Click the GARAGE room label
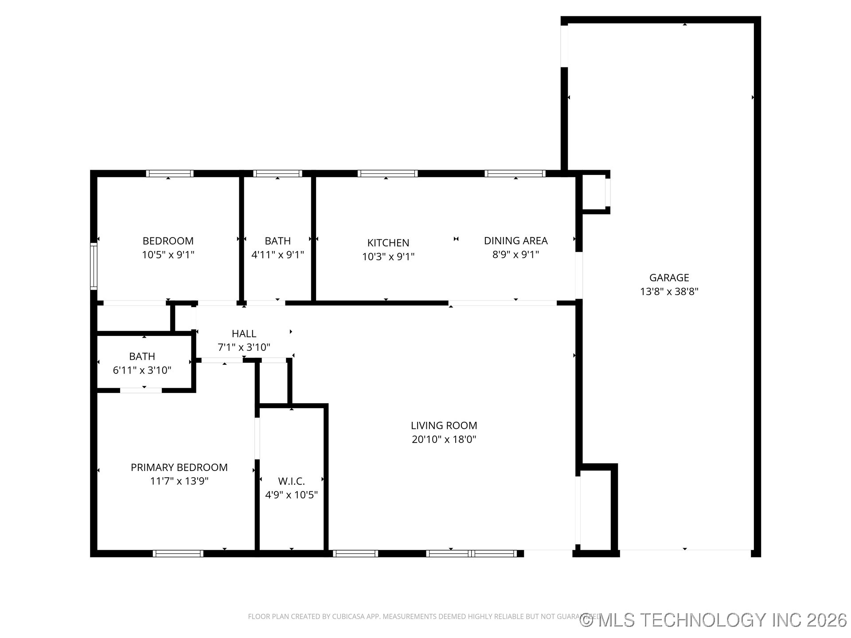(x=669, y=278)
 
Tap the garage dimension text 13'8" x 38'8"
(x=669, y=292)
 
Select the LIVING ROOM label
(x=444, y=425)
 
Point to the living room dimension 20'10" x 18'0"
(x=444, y=439)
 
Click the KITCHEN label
(x=388, y=243)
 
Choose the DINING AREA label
(x=515, y=241)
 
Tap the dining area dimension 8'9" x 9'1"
(x=515, y=254)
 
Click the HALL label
(x=244, y=334)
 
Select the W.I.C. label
(x=291, y=481)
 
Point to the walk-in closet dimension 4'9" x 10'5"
(x=291, y=495)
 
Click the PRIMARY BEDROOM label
(x=179, y=467)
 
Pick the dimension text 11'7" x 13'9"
(x=179, y=481)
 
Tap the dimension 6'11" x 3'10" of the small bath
(x=142, y=370)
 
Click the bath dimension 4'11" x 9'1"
(x=277, y=255)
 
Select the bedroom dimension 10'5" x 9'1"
(x=168, y=255)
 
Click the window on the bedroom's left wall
(x=94, y=266)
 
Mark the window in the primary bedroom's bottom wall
(x=178, y=553)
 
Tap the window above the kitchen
(x=387, y=173)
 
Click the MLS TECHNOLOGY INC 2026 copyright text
(x=714, y=620)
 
